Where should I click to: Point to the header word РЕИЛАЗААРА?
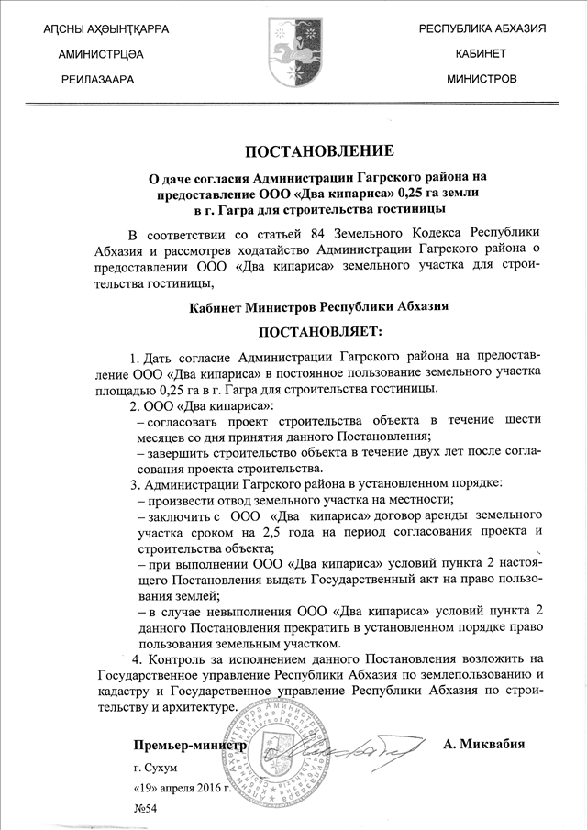96,81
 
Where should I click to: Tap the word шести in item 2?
524,419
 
